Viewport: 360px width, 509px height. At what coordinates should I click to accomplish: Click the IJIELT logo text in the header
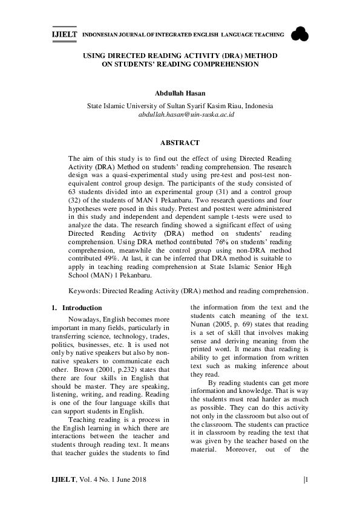pos(64,36)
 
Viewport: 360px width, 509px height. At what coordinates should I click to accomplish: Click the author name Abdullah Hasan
pos(180,94)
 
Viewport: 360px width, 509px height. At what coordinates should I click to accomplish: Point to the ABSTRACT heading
pos(180,143)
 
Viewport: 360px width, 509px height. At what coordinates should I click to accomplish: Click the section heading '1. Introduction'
pos(77,308)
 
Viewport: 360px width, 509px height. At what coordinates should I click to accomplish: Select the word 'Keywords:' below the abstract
pos(85,290)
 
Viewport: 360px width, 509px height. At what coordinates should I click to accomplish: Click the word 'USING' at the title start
pos(93,55)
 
